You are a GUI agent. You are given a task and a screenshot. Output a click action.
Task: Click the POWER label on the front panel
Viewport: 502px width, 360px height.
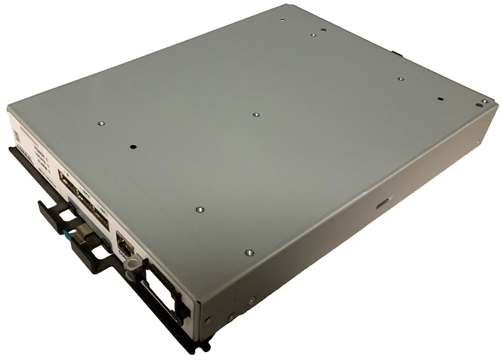39,152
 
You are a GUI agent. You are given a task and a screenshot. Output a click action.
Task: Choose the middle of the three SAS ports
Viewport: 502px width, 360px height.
84,201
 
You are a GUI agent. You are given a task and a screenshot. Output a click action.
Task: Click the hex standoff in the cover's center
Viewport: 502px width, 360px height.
256,114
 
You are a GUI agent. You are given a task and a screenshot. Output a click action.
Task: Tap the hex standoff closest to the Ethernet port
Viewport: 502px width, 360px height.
199,210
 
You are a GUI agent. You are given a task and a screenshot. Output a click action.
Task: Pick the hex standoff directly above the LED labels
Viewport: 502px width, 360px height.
101,124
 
